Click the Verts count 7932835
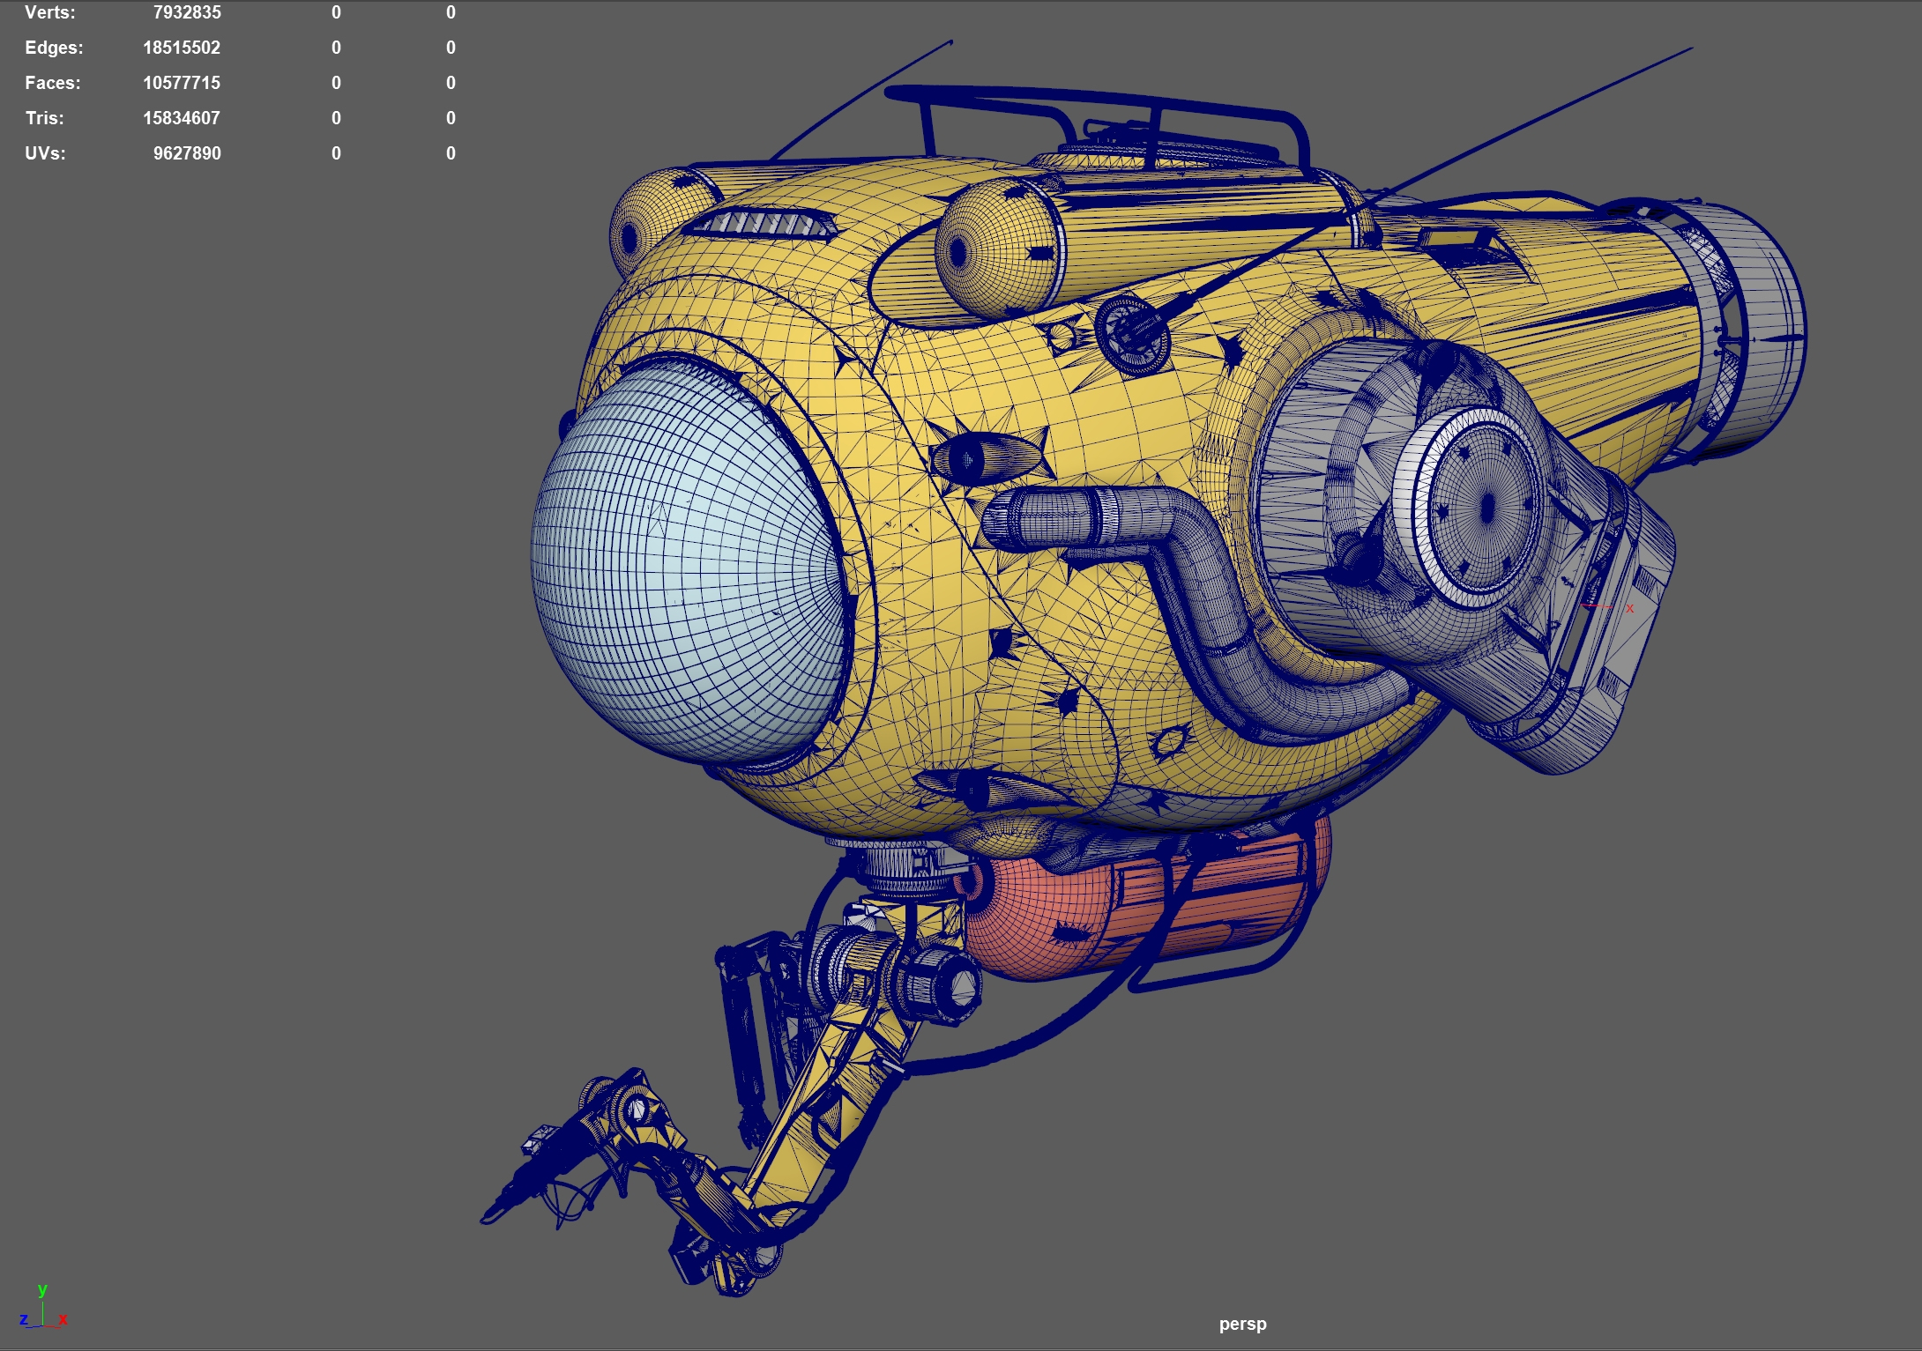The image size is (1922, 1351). (x=187, y=12)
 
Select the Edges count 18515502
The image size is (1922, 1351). (x=182, y=48)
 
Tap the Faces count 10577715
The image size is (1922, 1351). (x=182, y=83)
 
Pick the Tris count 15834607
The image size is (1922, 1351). (x=182, y=118)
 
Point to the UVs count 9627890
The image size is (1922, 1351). (x=187, y=153)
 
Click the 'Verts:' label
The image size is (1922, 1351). (x=50, y=12)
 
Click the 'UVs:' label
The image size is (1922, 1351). (x=45, y=153)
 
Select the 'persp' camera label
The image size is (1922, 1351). (x=1242, y=1324)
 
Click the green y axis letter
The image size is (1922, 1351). (x=42, y=1289)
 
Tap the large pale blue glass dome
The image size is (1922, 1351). (x=679, y=564)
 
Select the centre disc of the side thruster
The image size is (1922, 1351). (x=1486, y=507)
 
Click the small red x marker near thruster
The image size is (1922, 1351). (x=1629, y=608)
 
